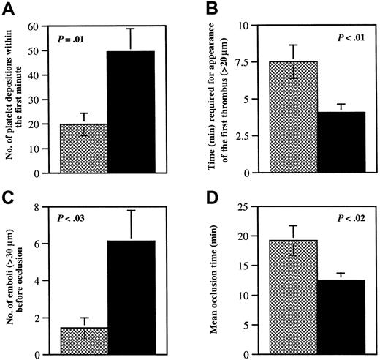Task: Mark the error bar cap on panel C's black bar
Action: tap(131, 210)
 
